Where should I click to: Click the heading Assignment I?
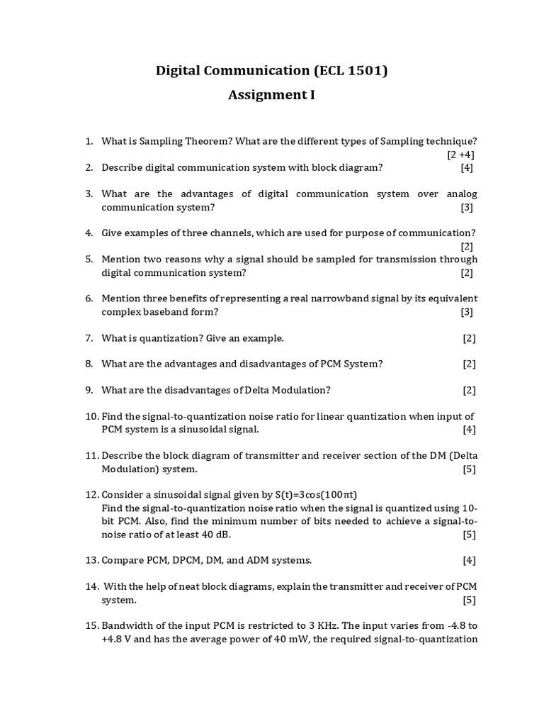(x=271, y=95)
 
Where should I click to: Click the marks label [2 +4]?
(x=460, y=155)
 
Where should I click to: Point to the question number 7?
(x=89, y=338)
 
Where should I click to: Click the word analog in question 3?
(x=461, y=194)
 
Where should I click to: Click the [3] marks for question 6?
(x=467, y=312)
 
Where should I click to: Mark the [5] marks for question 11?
(x=469, y=469)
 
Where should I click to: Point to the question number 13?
(x=91, y=560)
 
